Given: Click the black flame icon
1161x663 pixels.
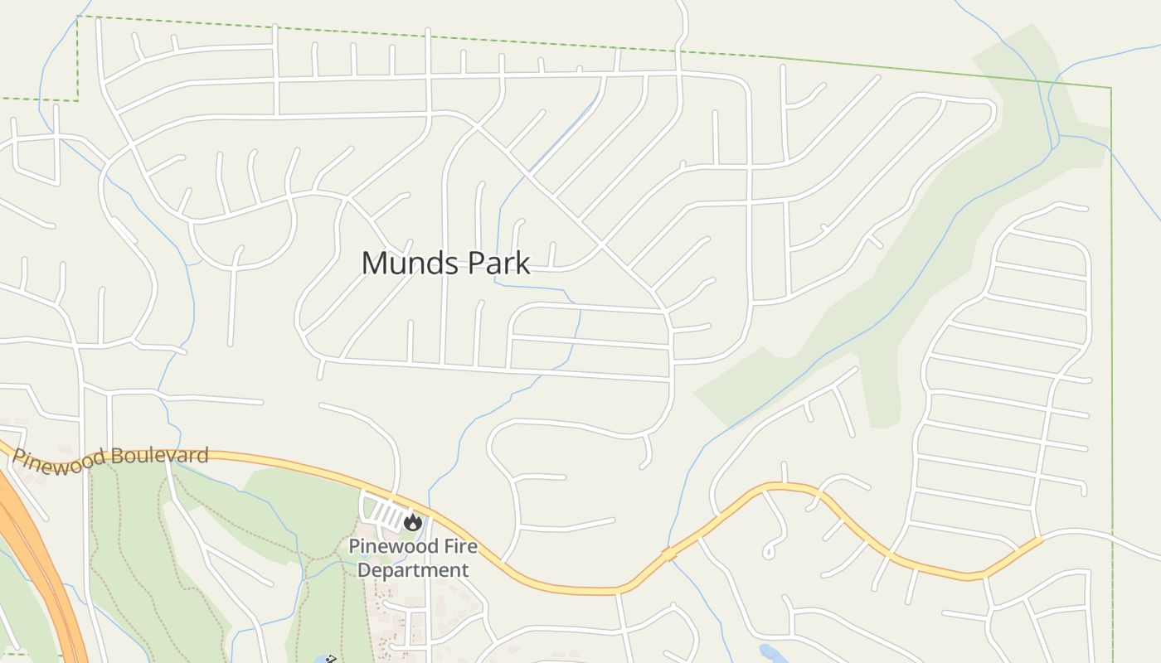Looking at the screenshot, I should pyautogui.click(x=412, y=522).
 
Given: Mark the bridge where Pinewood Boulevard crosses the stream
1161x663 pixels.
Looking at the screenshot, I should pyautogui.click(x=669, y=553).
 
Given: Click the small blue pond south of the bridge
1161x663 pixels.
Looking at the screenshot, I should pyautogui.click(x=772, y=654).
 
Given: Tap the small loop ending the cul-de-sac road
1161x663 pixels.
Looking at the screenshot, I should pyautogui.click(x=769, y=550).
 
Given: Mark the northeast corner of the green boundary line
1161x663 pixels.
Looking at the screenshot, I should pyautogui.click(x=1110, y=87).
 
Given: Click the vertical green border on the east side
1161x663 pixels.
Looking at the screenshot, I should pyautogui.click(x=1111, y=331).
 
